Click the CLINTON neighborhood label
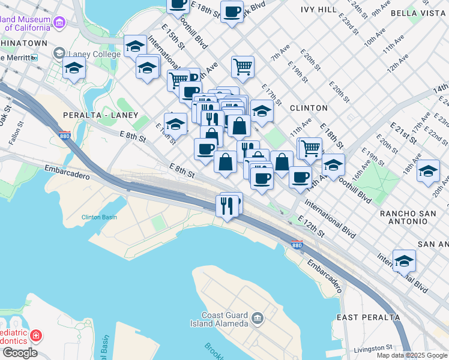coord(309,108)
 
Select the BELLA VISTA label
coord(418,13)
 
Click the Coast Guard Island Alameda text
coord(225,320)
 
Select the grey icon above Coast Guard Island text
coord(258,317)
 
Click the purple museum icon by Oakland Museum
coord(59,23)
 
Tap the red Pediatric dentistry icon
coord(35,335)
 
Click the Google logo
coord(19,353)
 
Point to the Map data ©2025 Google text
coord(412,355)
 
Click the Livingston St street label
coord(372,347)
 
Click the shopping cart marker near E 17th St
coord(243,67)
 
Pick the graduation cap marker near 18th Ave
coord(428,170)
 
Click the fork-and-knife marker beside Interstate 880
coord(227,206)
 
